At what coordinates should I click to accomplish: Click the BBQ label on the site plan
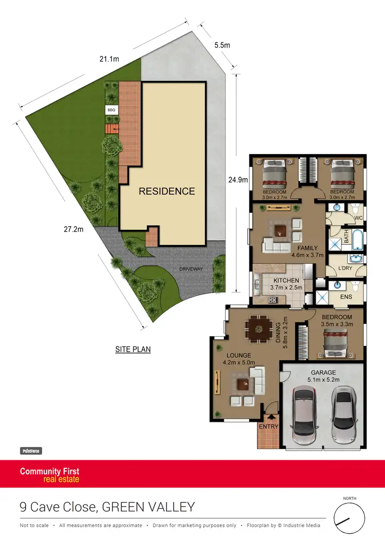coord(111,110)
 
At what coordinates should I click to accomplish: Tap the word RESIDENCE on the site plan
coord(167,191)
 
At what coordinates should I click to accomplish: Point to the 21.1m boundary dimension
coord(109,59)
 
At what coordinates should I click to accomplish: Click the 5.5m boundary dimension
coord(222,45)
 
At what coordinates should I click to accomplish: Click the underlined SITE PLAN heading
coord(132,349)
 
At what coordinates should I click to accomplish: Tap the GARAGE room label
coord(323,373)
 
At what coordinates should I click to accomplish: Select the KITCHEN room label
coord(286,280)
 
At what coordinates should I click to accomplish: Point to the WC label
coord(359,218)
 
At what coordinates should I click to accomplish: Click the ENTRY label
coord(268,426)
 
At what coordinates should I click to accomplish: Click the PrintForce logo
coord(31,451)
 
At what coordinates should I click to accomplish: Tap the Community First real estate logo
coord(50,475)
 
